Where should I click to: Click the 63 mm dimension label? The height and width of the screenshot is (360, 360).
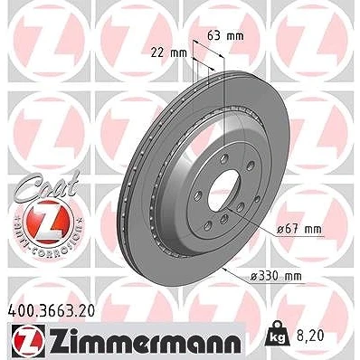pyautogui.click(x=225, y=36)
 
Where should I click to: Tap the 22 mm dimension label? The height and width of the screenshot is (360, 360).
pyautogui.click(x=169, y=53)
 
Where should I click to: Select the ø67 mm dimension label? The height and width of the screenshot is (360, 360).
pyautogui.click(x=299, y=230)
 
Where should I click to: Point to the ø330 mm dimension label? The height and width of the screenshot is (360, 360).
pyautogui.click(x=276, y=276)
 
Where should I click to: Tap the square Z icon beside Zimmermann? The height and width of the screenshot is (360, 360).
pyautogui.click(x=29, y=341)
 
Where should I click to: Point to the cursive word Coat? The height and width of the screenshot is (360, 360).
pyautogui.click(x=47, y=185)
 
